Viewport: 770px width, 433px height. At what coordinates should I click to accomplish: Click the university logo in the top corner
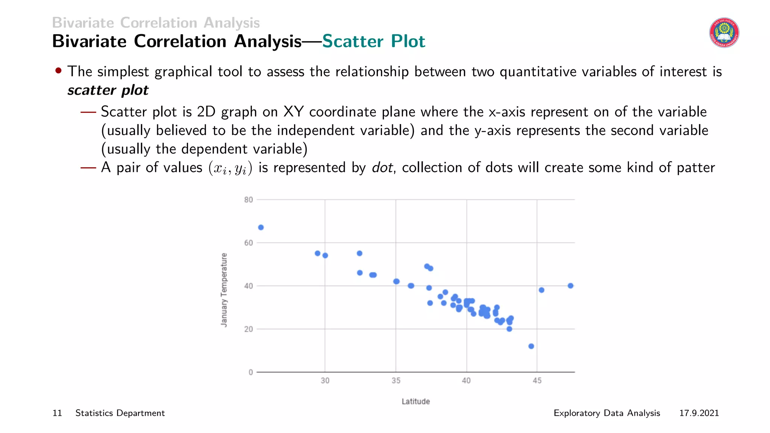pyautogui.click(x=724, y=33)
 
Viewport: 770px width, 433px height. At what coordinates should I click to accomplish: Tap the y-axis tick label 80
pyautogui.click(x=249, y=200)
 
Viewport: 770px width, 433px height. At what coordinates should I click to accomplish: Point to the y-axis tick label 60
pyautogui.click(x=249, y=243)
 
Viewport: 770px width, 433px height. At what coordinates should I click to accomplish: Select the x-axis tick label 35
pyautogui.click(x=396, y=381)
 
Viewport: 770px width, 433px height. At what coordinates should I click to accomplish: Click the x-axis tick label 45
pyautogui.click(x=537, y=381)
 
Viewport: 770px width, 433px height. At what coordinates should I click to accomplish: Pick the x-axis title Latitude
pyautogui.click(x=415, y=401)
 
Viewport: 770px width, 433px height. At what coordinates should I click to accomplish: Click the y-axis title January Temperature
pyautogui.click(x=224, y=290)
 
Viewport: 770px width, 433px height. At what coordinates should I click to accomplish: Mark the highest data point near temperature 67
pyautogui.click(x=261, y=227)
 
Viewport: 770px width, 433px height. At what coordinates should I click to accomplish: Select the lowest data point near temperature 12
pyautogui.click(x=531, y=346)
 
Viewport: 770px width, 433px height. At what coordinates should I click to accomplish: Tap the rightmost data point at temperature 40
pyautogui.click(x=570, y=286)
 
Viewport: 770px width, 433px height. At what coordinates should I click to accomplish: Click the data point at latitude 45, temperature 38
pyautogui.click(x=541, y=290)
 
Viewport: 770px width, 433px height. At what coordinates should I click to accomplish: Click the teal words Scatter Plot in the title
pyautogui.click(x=373, y=41)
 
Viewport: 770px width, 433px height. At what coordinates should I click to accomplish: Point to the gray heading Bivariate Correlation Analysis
pyautogui.click(x=156, y=23)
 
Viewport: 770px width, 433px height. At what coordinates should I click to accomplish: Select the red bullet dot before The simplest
pyautogui.click(x=58, y=71)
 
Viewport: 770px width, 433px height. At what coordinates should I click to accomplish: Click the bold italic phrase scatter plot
pyautogui.click(x=108, y=90)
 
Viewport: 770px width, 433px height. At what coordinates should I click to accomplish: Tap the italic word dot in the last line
pyautogui.click(x=382, y=168)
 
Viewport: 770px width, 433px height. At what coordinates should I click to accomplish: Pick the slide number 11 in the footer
pyautogui.click(x=57, y=413)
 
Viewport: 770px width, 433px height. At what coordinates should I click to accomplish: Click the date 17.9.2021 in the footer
pyautogui.click(x=699, y=413)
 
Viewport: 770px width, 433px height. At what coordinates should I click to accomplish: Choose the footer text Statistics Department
pyautogui.click(x=120, y=413)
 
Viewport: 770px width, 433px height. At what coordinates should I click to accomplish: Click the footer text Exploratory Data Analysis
pyautogui.click(x=607, y=413)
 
